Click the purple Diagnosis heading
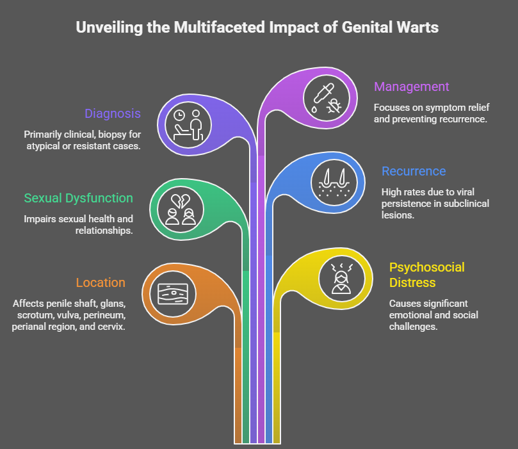point(112,114)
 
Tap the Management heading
point(412,86)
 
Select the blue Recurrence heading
point(414,171)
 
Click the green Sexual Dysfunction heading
point(79,198)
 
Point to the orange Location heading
point(101,282)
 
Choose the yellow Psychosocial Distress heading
point(427,275)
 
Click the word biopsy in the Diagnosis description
point(108,135)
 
